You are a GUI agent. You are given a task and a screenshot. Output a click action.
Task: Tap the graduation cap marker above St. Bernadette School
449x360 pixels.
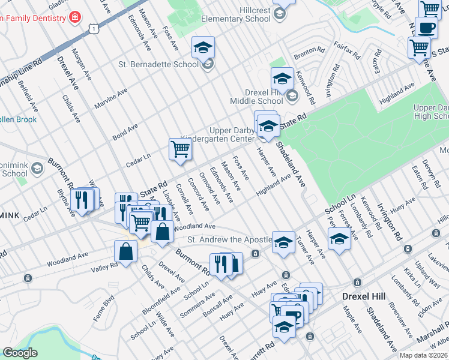coord(203,47)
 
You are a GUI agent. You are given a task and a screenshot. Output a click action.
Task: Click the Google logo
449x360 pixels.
coord(20,353)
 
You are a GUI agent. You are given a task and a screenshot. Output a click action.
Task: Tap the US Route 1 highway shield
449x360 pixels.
coord(92,28)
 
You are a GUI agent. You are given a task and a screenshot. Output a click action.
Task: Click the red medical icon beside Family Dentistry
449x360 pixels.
coord(74,17)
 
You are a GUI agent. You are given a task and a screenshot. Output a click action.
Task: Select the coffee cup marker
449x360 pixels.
coord(427,28)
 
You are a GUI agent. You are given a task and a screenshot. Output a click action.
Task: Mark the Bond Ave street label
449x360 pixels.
coord(125,133)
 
